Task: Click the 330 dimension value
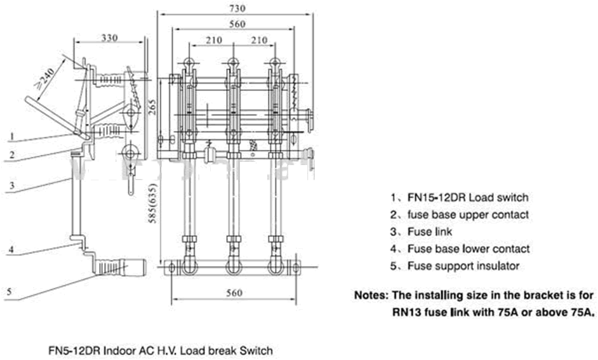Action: [109, 37]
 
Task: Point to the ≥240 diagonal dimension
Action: [45, 78]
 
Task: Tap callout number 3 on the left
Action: [11, 186]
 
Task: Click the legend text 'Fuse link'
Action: [430, 232]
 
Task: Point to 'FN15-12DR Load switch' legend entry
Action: [467, 197]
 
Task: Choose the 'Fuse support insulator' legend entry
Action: [463, 266]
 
